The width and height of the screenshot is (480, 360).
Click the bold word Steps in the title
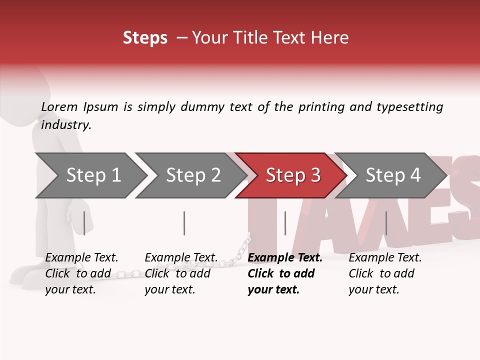coord(145,38)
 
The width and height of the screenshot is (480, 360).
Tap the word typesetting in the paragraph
coord(409,107)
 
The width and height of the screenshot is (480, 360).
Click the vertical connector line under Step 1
coord(84,223)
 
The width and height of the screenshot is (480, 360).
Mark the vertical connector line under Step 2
coord(184,223)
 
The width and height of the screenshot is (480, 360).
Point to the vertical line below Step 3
coord(285,223)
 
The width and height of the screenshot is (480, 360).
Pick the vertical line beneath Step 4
coord(386,223)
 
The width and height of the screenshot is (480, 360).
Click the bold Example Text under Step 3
coord(285,258)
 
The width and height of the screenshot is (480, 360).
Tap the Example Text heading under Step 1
coord(81,258)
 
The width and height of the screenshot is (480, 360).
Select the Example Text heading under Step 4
coord(385,258)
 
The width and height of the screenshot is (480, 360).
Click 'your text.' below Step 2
coord(169,289)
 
